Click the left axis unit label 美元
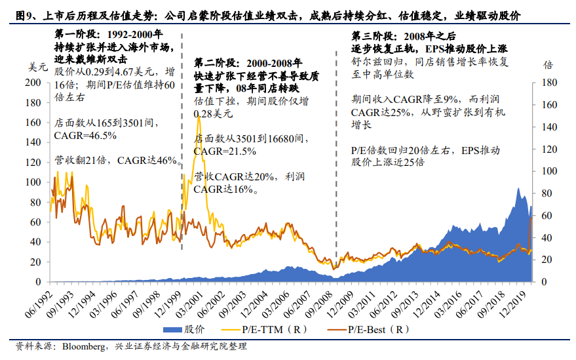tap(30, 66)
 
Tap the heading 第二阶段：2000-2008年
tap(248, 63)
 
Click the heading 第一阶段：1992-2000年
tap(108, 35)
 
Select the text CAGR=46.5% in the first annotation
tap(85, 136)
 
